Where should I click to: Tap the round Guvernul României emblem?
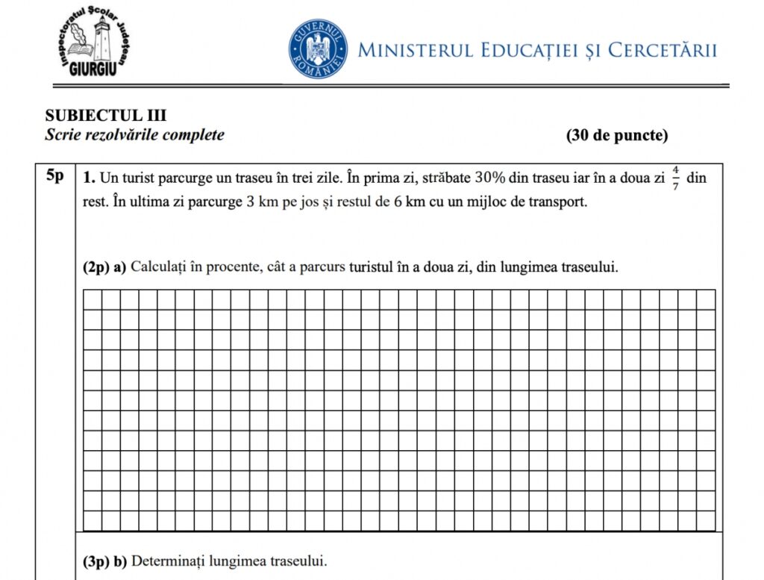(x=318, y=50)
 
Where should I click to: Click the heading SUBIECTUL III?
(x=105, y=116)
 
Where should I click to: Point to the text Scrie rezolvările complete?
(x=134, y=135)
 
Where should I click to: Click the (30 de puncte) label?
(x=617, y=136)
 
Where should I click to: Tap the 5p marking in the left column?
(x=54, y=177)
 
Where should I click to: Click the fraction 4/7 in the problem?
(x=675, y=179)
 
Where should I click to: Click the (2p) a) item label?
(x=104, y=267)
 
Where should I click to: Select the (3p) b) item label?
(x=104, y=561)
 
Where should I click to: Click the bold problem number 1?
(x=88, y=179)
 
